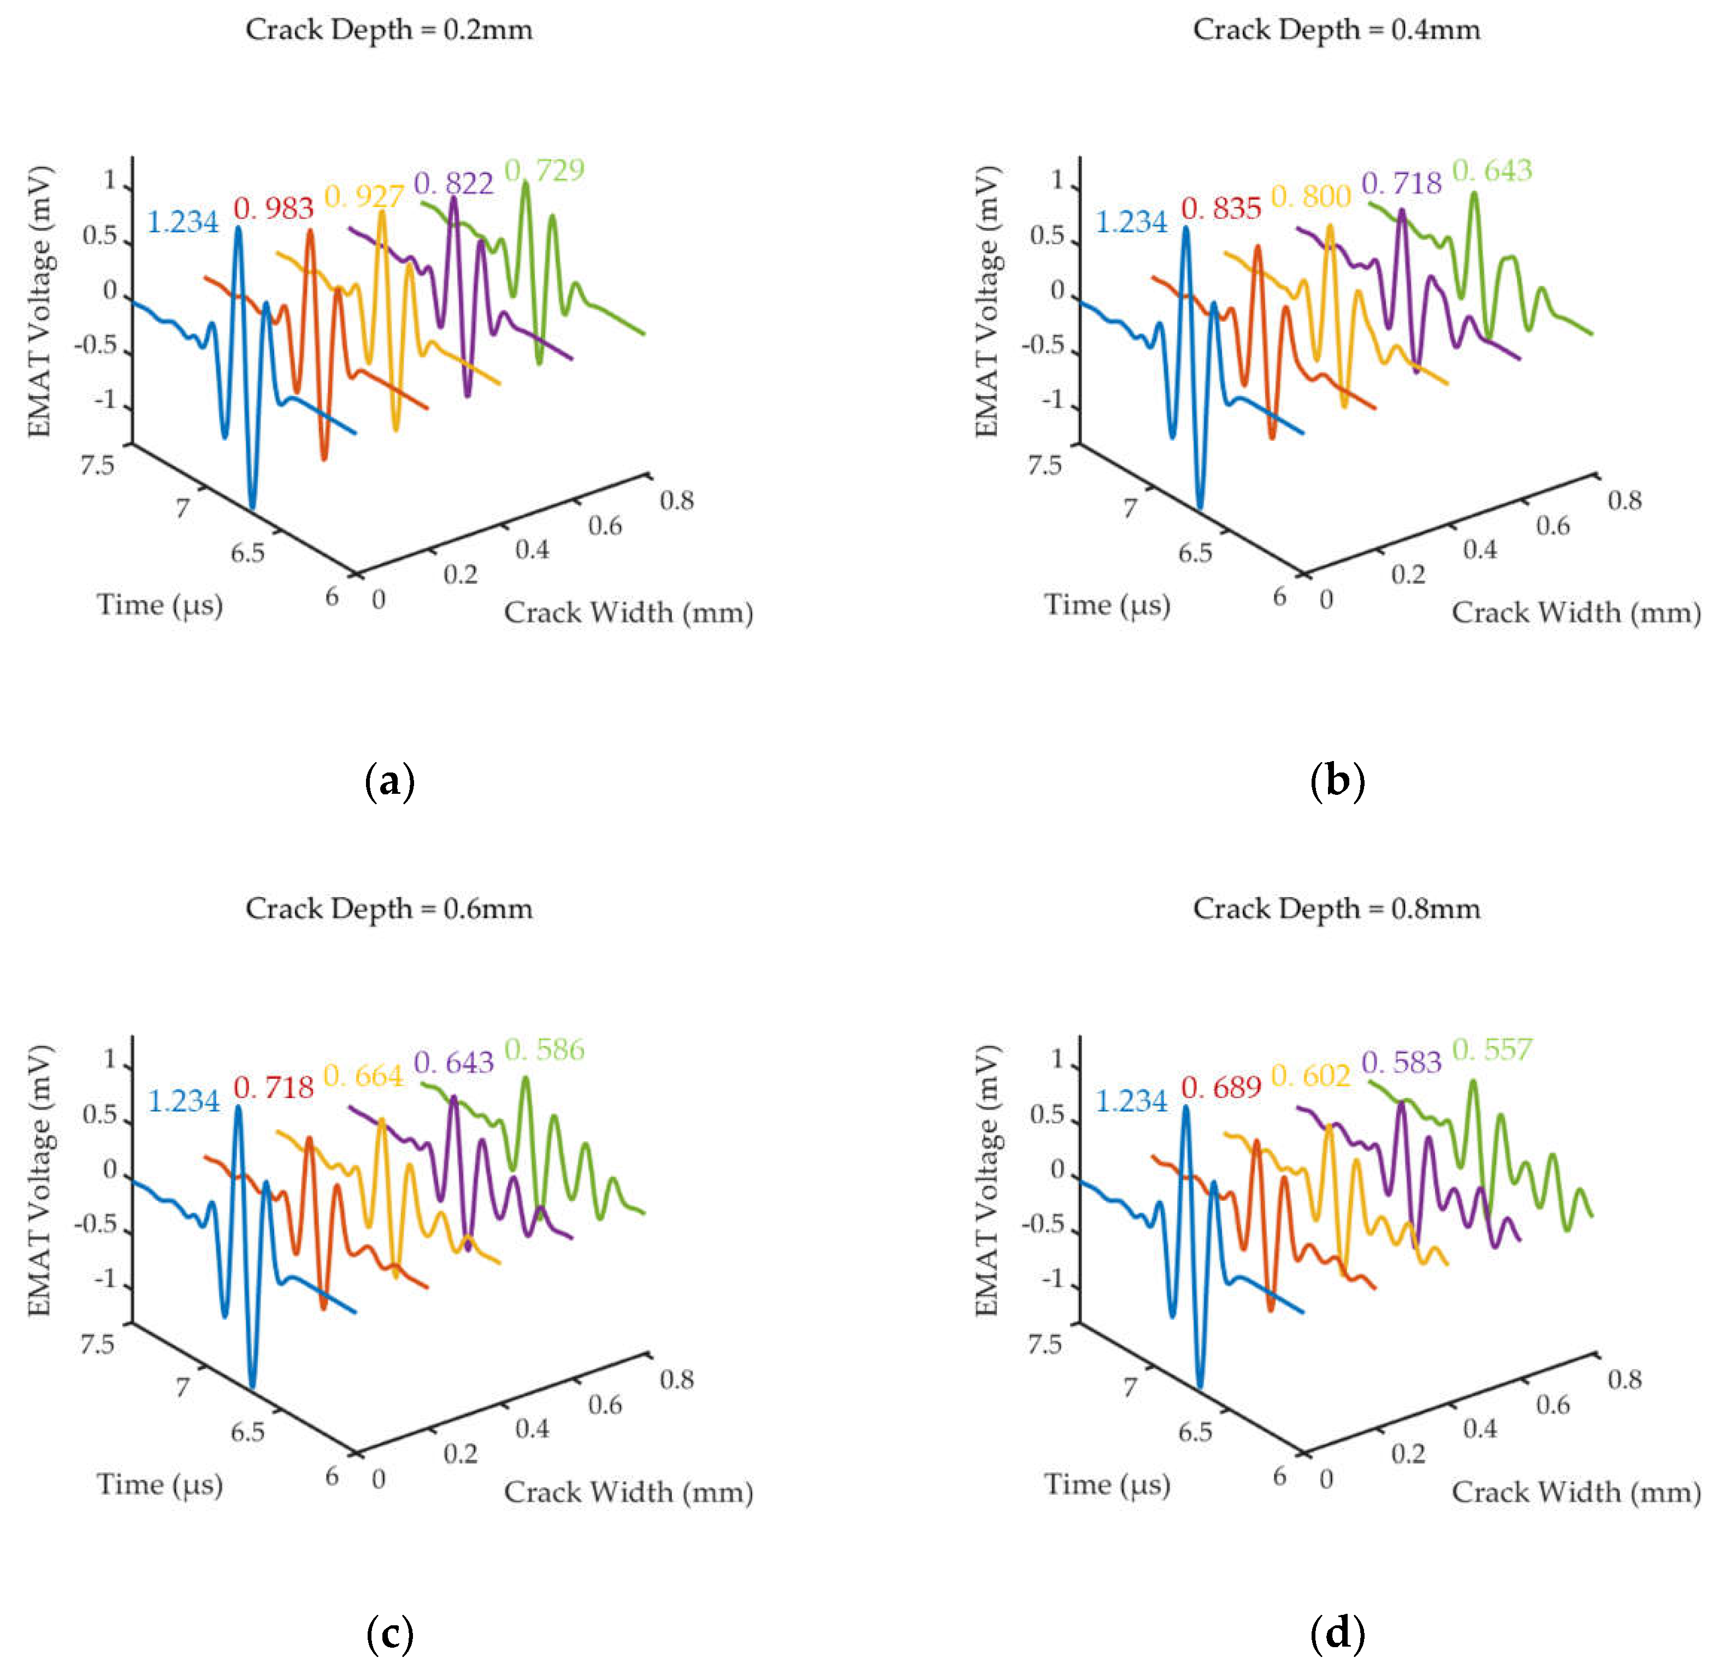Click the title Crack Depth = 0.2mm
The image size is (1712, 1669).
[388, 30]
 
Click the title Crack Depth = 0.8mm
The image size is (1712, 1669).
[1336, 909]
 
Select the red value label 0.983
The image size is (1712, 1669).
[274, 209]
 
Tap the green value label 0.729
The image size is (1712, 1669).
[545, 169]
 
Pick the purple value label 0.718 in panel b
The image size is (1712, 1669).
[1401, 183]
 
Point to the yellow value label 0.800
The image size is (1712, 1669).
[1310, 196]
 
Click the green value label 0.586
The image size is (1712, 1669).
[545, 1049]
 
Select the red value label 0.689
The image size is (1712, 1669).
[1221, 1088]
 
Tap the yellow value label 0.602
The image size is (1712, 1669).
[1310, 1076]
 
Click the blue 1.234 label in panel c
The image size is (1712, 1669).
[183, 1101]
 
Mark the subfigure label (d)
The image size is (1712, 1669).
[1337, 1633]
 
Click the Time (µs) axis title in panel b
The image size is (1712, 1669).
[1107, 605]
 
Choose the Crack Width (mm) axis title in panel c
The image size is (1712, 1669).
[629, 1492]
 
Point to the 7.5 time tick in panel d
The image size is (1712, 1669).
[1045, 1344]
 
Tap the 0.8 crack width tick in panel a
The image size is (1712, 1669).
[677, 500]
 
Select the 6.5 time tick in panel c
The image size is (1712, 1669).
[248, 1432]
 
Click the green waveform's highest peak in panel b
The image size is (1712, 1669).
[1474, 194]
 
